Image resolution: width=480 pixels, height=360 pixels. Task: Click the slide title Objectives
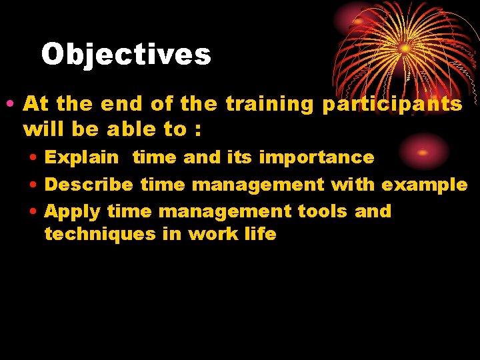[126, 55]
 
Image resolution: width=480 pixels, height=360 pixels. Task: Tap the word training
[269, 104]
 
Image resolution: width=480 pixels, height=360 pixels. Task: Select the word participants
[392, 105]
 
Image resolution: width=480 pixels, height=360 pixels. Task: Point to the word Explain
[81, 158]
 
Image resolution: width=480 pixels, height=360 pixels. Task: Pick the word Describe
[89, 185]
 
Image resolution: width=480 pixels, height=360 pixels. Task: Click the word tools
[323, 211]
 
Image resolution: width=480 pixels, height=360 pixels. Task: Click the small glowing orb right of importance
[423, 152]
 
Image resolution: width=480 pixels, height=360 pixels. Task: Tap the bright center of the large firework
[405, 48]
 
